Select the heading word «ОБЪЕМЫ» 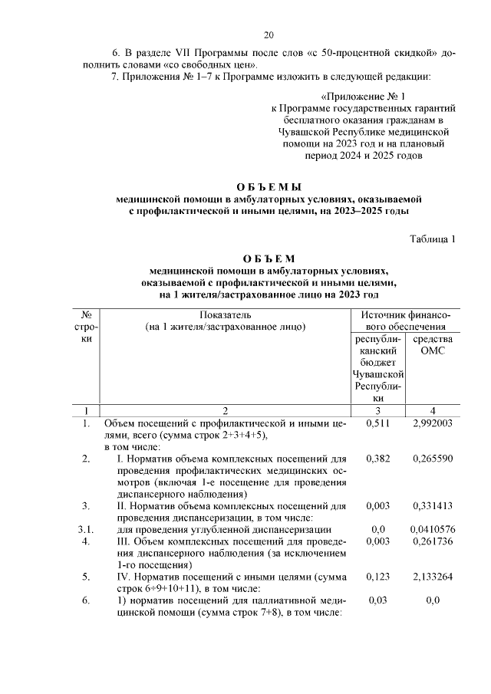pos(269,186)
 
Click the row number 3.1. pos(87,529)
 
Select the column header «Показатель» pos(225,315)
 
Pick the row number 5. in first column pos(87,577)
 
